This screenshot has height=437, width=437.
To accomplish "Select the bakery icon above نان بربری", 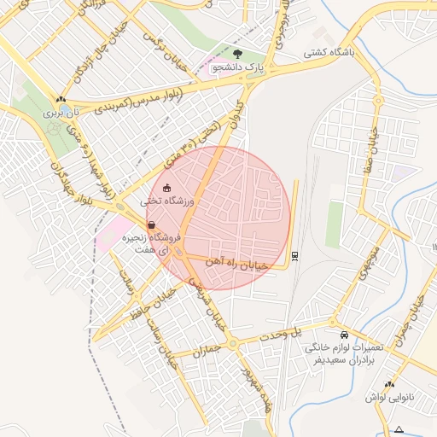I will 60,99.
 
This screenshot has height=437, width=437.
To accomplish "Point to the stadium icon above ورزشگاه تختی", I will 166,188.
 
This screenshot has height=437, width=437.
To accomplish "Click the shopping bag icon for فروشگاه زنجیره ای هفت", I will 151,225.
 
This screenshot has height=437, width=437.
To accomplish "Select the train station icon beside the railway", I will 294,254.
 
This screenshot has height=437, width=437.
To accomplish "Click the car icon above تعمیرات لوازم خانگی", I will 344,335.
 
